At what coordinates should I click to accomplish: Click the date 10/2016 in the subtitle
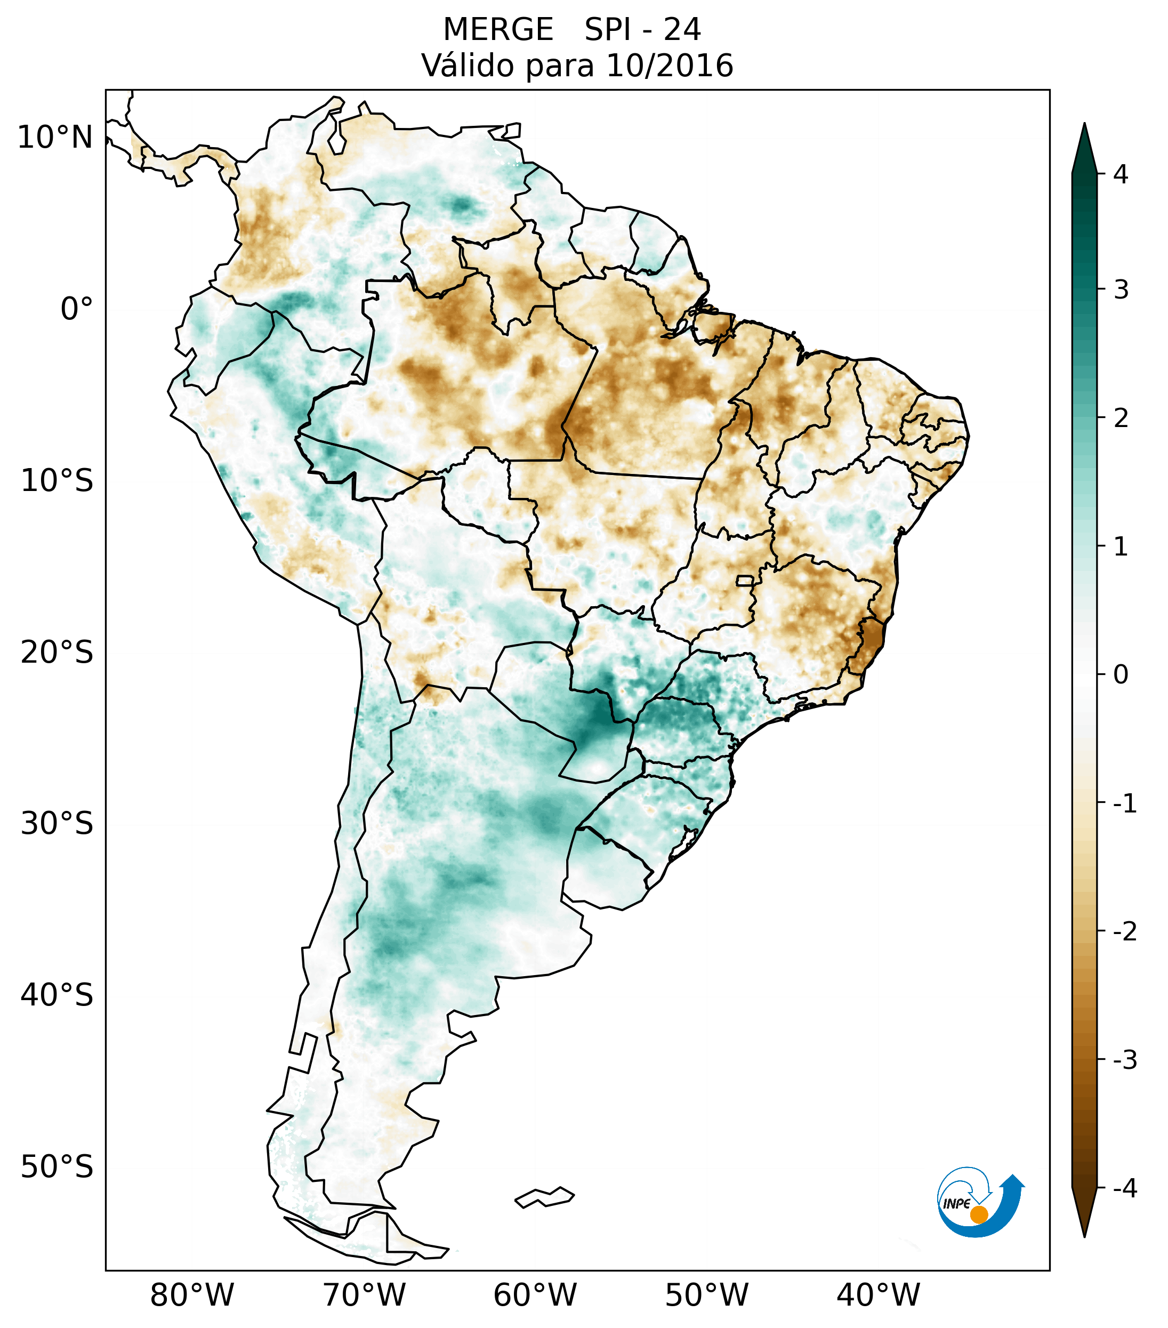[x=669, y=66]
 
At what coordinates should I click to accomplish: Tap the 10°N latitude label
[x=55, y=138]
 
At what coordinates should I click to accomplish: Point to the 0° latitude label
[x=77, y=309]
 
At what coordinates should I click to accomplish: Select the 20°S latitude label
[x=57, y=653]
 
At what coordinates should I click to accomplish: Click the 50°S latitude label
[x=57, y=1168]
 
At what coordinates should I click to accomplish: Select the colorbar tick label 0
[x=1121, y=675]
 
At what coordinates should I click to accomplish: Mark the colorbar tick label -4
[x=1124, y=1189]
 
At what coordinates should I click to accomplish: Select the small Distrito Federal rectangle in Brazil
[x=745, y=580]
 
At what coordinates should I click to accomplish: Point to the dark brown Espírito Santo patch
[x=869, y=642]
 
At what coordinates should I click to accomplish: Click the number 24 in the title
[x=682, y=30]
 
